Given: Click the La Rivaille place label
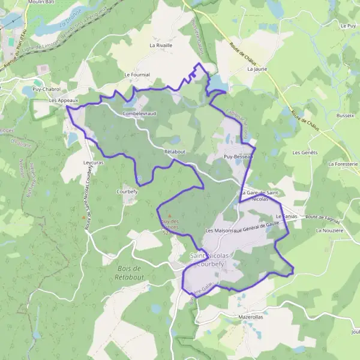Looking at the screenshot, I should click(161, 45).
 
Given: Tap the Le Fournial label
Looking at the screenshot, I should click(136, 74).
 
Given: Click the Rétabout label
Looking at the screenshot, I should click(175, 152).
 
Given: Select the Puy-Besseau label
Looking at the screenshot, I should click(239, 156).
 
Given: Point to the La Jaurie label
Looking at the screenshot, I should click(257, 69).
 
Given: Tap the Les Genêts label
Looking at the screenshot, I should click(304, 152).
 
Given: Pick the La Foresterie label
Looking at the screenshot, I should click(343, 163).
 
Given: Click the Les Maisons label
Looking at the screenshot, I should click(218, 230).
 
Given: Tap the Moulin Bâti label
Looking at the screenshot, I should click(38, 2).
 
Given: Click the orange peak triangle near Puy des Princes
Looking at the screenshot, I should click(170, 216).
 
